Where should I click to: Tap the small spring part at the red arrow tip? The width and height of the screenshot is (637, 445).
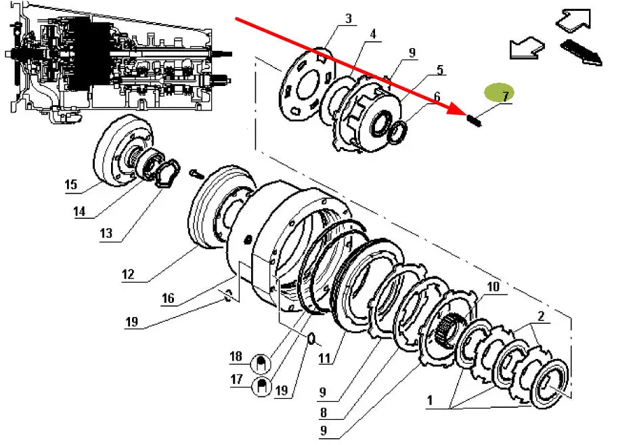474,121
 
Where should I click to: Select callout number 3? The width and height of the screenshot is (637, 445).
348,19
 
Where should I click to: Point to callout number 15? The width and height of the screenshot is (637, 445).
71,184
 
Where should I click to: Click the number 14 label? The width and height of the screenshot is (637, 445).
80,211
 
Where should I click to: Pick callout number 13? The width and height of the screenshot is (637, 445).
106,234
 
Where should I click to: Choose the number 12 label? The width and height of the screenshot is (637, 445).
128,274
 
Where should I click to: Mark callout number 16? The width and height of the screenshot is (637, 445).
168,298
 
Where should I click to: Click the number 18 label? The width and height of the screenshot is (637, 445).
236,356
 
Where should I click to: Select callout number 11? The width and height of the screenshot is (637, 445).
326,358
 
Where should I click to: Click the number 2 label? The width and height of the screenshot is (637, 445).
541,316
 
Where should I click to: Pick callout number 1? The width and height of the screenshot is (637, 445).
429,400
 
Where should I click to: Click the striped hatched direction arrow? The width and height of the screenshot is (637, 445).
581,52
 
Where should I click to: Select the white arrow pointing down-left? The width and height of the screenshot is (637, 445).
525,48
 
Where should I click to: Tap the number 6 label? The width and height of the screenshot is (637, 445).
437,97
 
